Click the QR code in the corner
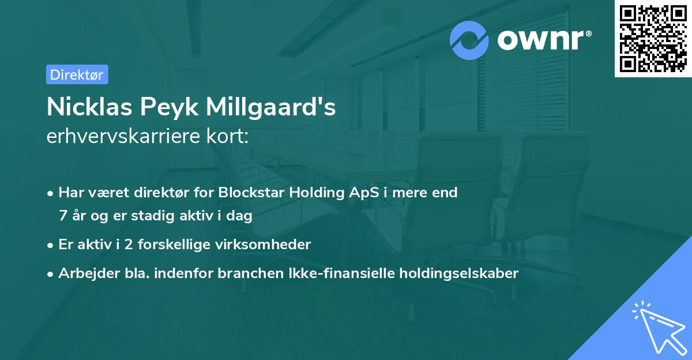(653, 39)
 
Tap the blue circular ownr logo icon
(469, 40)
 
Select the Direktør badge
(77, 74)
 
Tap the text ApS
(353, 193)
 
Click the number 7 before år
(63, 216)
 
